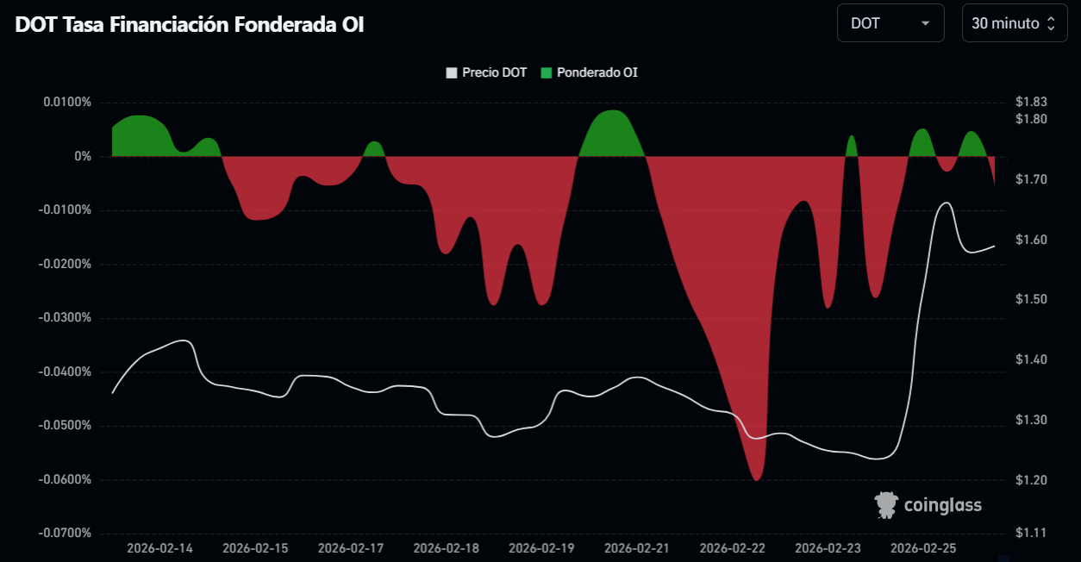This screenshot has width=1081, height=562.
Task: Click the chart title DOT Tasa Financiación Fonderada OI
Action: pyautogui.click(x=190, y=25)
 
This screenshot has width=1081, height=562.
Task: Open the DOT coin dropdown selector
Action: pyautogui.click(x=890, y=23)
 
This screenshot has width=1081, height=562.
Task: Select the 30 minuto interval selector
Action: pyautogui.click(x=1013, y=23)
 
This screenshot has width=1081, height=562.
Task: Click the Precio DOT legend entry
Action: pyautogui.click(x=486, y=72)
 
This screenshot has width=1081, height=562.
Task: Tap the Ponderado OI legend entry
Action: pyautogui.click(x=590, y=72)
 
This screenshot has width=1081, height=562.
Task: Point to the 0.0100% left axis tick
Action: pyautogui.click(x=66, y=103)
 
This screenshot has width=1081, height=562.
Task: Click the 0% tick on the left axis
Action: pyautogui.click(x=83, y=156)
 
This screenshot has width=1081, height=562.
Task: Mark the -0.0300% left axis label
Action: pyautogui.click(x=65, y=318)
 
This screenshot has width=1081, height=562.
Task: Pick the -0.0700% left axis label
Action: pyautogui.click(x=65, y=534)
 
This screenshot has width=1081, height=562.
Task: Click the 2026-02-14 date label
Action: pyautogui.click(x=159, y=548)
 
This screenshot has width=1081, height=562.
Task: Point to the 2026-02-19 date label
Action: pyautogui.click(x=541, y=548)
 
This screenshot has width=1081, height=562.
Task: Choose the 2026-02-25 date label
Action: pyautogui.click(x=923, y=548)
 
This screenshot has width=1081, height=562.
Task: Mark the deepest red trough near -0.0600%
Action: pyautogui.click(x=757, y=479)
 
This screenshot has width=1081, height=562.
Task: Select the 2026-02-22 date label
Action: pyautogui.click(x=733, y=548)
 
